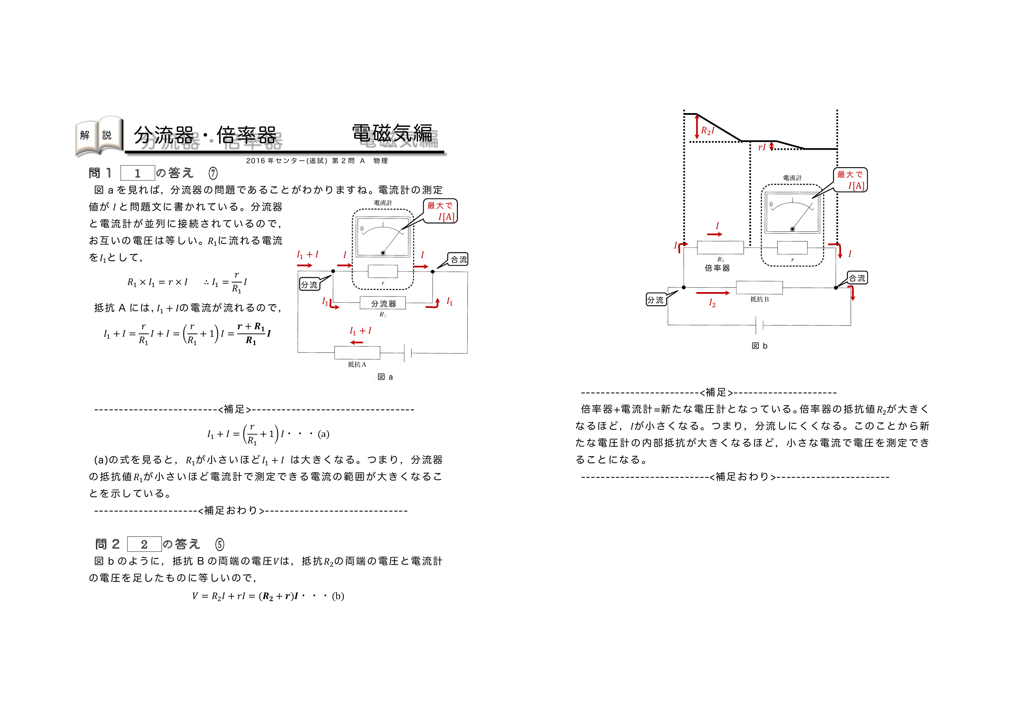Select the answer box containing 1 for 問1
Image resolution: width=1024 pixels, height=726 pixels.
pyautogui.click(x=138, y=173)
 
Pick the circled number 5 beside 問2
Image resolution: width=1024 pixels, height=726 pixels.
pyautogui.click(x=219, y=544)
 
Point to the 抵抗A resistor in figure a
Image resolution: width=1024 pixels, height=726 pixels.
pyautogui.click(x=357, y=353)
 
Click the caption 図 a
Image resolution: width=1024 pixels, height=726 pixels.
pyautogui.click(x=385, y=377)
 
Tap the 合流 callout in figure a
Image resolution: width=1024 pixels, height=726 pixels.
pyautogui.click(x=458, y=260)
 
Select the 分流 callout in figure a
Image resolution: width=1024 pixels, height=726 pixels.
pyautogui.click(x=309, y=285)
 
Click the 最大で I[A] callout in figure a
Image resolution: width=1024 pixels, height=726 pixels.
pyautogui.click(x=440, y=211)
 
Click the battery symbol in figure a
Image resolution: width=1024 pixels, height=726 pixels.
pyautogui.click(x=408, y=353)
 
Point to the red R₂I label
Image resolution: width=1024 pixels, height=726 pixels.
pyautogui.click(x=708, y=131)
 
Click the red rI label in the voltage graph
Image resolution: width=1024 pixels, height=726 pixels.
pyautogui.click(x=762, y=147)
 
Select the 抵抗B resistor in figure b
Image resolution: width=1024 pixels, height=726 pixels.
pyautogui.click(x=759, y=287)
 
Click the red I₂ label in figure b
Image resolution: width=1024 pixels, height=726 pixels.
pyautogui.click(x=712, y=304)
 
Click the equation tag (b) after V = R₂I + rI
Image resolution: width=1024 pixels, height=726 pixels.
pyautogui.click(x=338, y=596)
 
